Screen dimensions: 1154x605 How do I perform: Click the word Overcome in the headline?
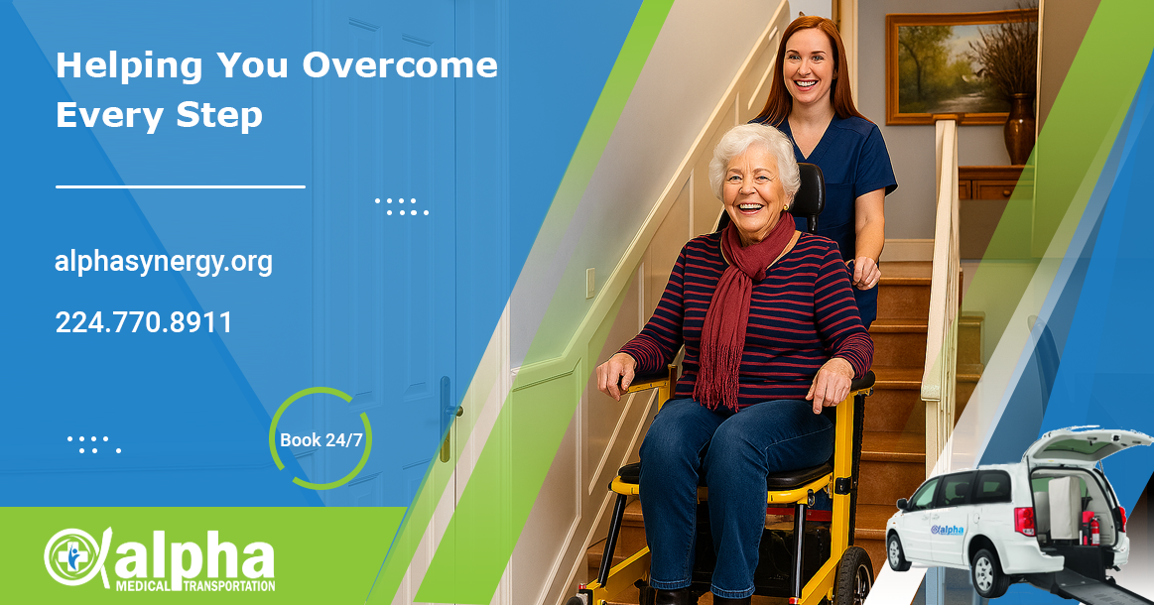coord(400,64)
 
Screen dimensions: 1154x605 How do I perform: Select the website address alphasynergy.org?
coord(164,262)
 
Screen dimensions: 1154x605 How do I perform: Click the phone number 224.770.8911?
coord(144,322)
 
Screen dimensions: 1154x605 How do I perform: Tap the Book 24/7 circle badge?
coord(321,439)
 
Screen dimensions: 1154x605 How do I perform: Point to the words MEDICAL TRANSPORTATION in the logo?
coord(195,586)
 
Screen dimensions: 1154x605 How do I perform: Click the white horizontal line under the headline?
coord(181,186)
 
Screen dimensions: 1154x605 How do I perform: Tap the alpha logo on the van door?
coord(948,530)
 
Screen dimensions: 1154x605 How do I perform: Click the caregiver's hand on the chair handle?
coord(864,273)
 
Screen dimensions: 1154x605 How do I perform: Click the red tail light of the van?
coord(1024,521)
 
